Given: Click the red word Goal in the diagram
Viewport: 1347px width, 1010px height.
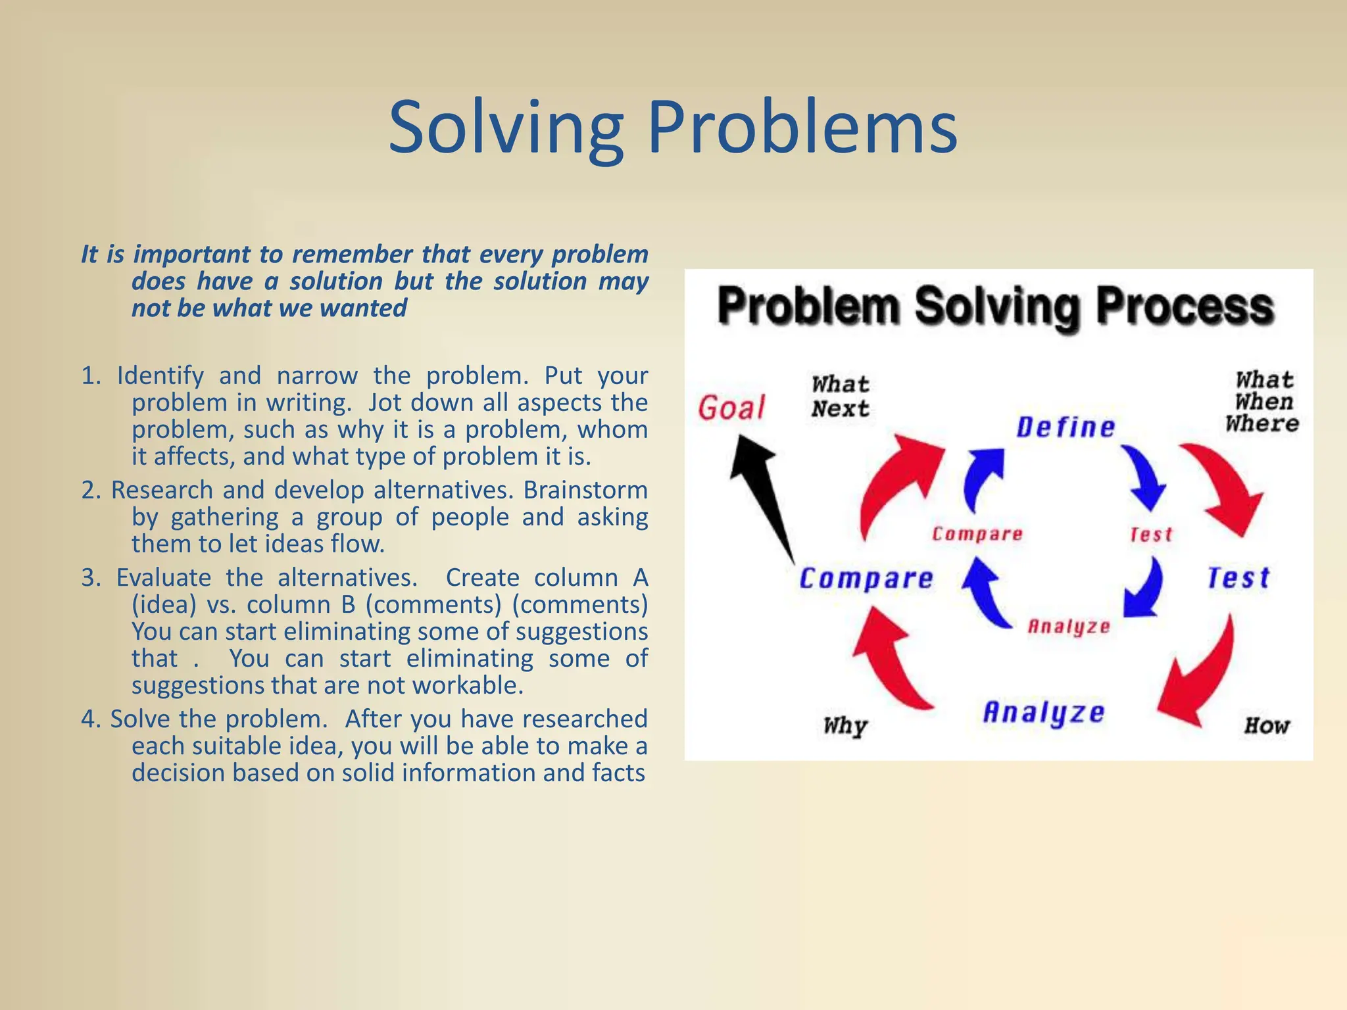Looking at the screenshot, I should [x=731, y=408].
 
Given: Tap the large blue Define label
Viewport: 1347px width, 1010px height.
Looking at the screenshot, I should [x=1065, y=427].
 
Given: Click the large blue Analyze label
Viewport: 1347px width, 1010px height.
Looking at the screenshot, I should [x=1044, y=713].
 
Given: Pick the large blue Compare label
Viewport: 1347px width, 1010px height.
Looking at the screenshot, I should [x=866, y=579].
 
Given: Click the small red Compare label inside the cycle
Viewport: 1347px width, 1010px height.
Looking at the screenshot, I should [x=977, y=534].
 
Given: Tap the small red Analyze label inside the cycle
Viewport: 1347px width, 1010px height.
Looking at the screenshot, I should [x=1069, y=627].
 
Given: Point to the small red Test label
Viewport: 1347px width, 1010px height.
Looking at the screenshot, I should [x=1151, y=535].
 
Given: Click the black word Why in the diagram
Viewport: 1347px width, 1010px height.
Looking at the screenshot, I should [x=845, y=726].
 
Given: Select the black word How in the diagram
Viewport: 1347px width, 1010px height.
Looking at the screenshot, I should [x=1267, y=726].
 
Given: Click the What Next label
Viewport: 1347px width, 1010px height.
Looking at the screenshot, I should [x=840, y=397].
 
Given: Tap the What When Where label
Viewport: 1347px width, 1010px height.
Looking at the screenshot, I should [x=1263, y=402].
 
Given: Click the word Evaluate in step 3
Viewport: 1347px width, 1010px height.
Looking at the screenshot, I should [x=164, y=578].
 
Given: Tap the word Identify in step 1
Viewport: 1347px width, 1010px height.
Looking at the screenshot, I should [x=160, y=376].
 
